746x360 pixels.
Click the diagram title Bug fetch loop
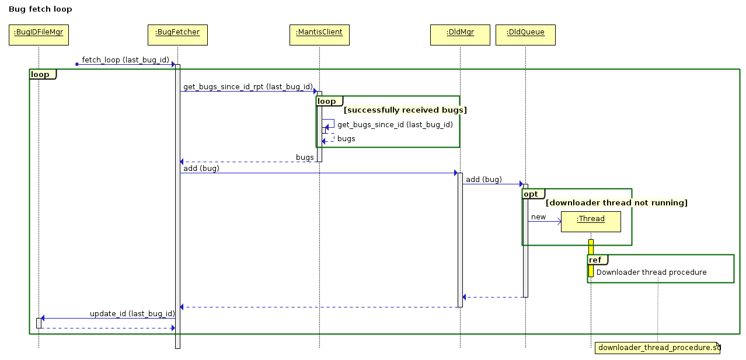click(x=40, y=10)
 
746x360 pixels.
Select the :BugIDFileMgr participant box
click(x=39, y=34)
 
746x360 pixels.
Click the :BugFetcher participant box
click(x=177, y=34)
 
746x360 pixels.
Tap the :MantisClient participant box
click(x=319, y=34)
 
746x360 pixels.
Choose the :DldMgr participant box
click(x=460, y=34)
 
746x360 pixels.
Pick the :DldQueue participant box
click(x=525, y=34)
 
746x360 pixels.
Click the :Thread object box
click(x=591, y=221)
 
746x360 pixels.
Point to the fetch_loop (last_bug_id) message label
click(x=126, y=60)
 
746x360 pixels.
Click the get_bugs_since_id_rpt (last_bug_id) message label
click(x=248, y=87)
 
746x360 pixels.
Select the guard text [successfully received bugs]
click(x=405, y=110)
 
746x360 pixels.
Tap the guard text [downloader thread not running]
click(x=616, y=202)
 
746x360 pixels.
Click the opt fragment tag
click(x=531, y=194)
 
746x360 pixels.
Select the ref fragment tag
click(x=595, y=260)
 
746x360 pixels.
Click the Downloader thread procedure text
click(x=651, y=272)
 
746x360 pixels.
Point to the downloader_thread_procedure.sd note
click(x=658, y=348)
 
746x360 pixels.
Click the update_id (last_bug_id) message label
click(x=132, y=314)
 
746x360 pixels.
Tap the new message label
click(x=538, y=217)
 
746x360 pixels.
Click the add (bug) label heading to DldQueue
click(x=483, y=180)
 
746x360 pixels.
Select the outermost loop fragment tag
click(x=40, y=74)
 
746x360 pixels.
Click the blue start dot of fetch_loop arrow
click(x=76, y=64)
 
